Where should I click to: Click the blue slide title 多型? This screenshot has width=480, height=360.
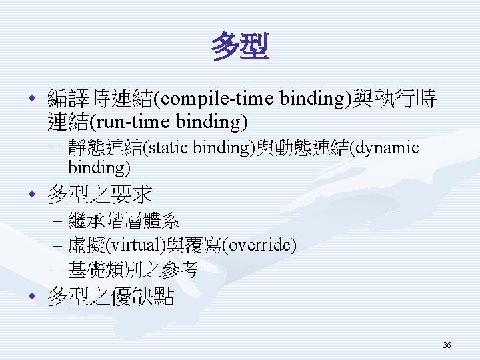[240, 46]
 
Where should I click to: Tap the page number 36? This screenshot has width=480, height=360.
[447, 345]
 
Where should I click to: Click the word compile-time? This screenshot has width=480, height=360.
[217, 98]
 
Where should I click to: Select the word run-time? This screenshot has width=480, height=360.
[132, 121]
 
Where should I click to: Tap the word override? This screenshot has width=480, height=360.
[259, 245]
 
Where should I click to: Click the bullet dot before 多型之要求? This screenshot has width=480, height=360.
[31, 194]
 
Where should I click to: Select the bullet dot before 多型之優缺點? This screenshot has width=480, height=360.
[31, 296]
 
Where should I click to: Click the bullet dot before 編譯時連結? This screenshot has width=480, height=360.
[31, 98]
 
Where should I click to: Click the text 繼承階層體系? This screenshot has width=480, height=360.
[124, 221]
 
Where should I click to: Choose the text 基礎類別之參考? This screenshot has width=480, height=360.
[133, 270]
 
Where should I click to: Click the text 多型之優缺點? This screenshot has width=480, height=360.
[111, 296]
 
